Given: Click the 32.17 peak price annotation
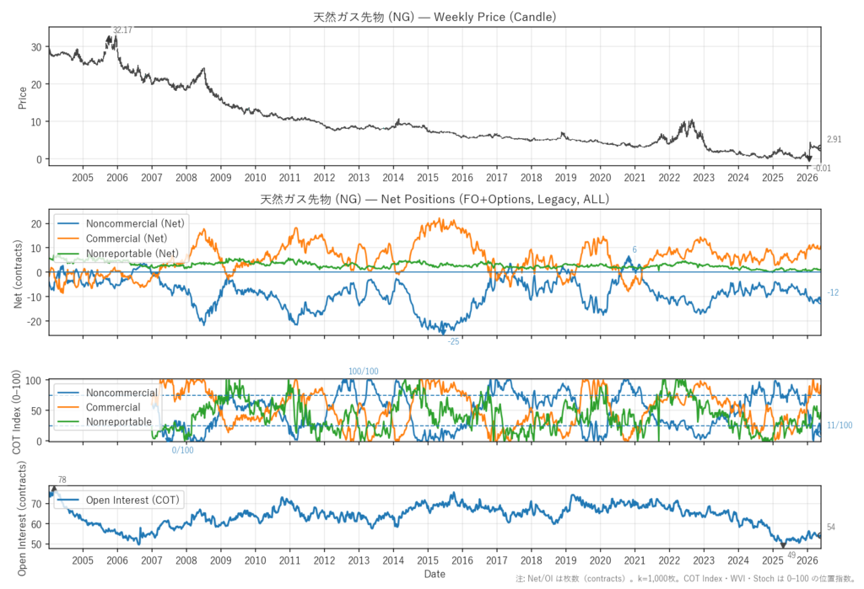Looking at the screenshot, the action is tap(122, 30).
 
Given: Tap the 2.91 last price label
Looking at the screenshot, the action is tap(834, 139).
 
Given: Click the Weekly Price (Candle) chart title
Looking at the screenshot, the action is tap(435, 17).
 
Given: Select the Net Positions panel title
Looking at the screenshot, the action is tap(435, 199).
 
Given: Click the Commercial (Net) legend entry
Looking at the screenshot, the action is tap(127, 238).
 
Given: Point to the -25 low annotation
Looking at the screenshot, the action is tap(453, 342).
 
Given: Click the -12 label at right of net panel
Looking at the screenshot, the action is tap(833, 293).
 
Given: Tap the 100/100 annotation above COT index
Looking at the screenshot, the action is tap(363, 372).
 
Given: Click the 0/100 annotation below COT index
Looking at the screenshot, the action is tap(182, 450).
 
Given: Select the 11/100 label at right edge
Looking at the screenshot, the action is tap(840, 426).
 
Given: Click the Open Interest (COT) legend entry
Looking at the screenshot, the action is tap(132, 500).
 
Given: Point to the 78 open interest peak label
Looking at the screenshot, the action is tap(62, 480).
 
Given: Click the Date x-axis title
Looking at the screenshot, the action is tap(435, 574).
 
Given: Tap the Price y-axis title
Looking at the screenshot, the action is tap(23, 98).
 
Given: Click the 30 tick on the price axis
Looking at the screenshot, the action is tap(36, 47).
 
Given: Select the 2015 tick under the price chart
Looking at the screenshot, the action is tap(428, 178).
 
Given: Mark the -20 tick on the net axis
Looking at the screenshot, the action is tap(35, 321).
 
